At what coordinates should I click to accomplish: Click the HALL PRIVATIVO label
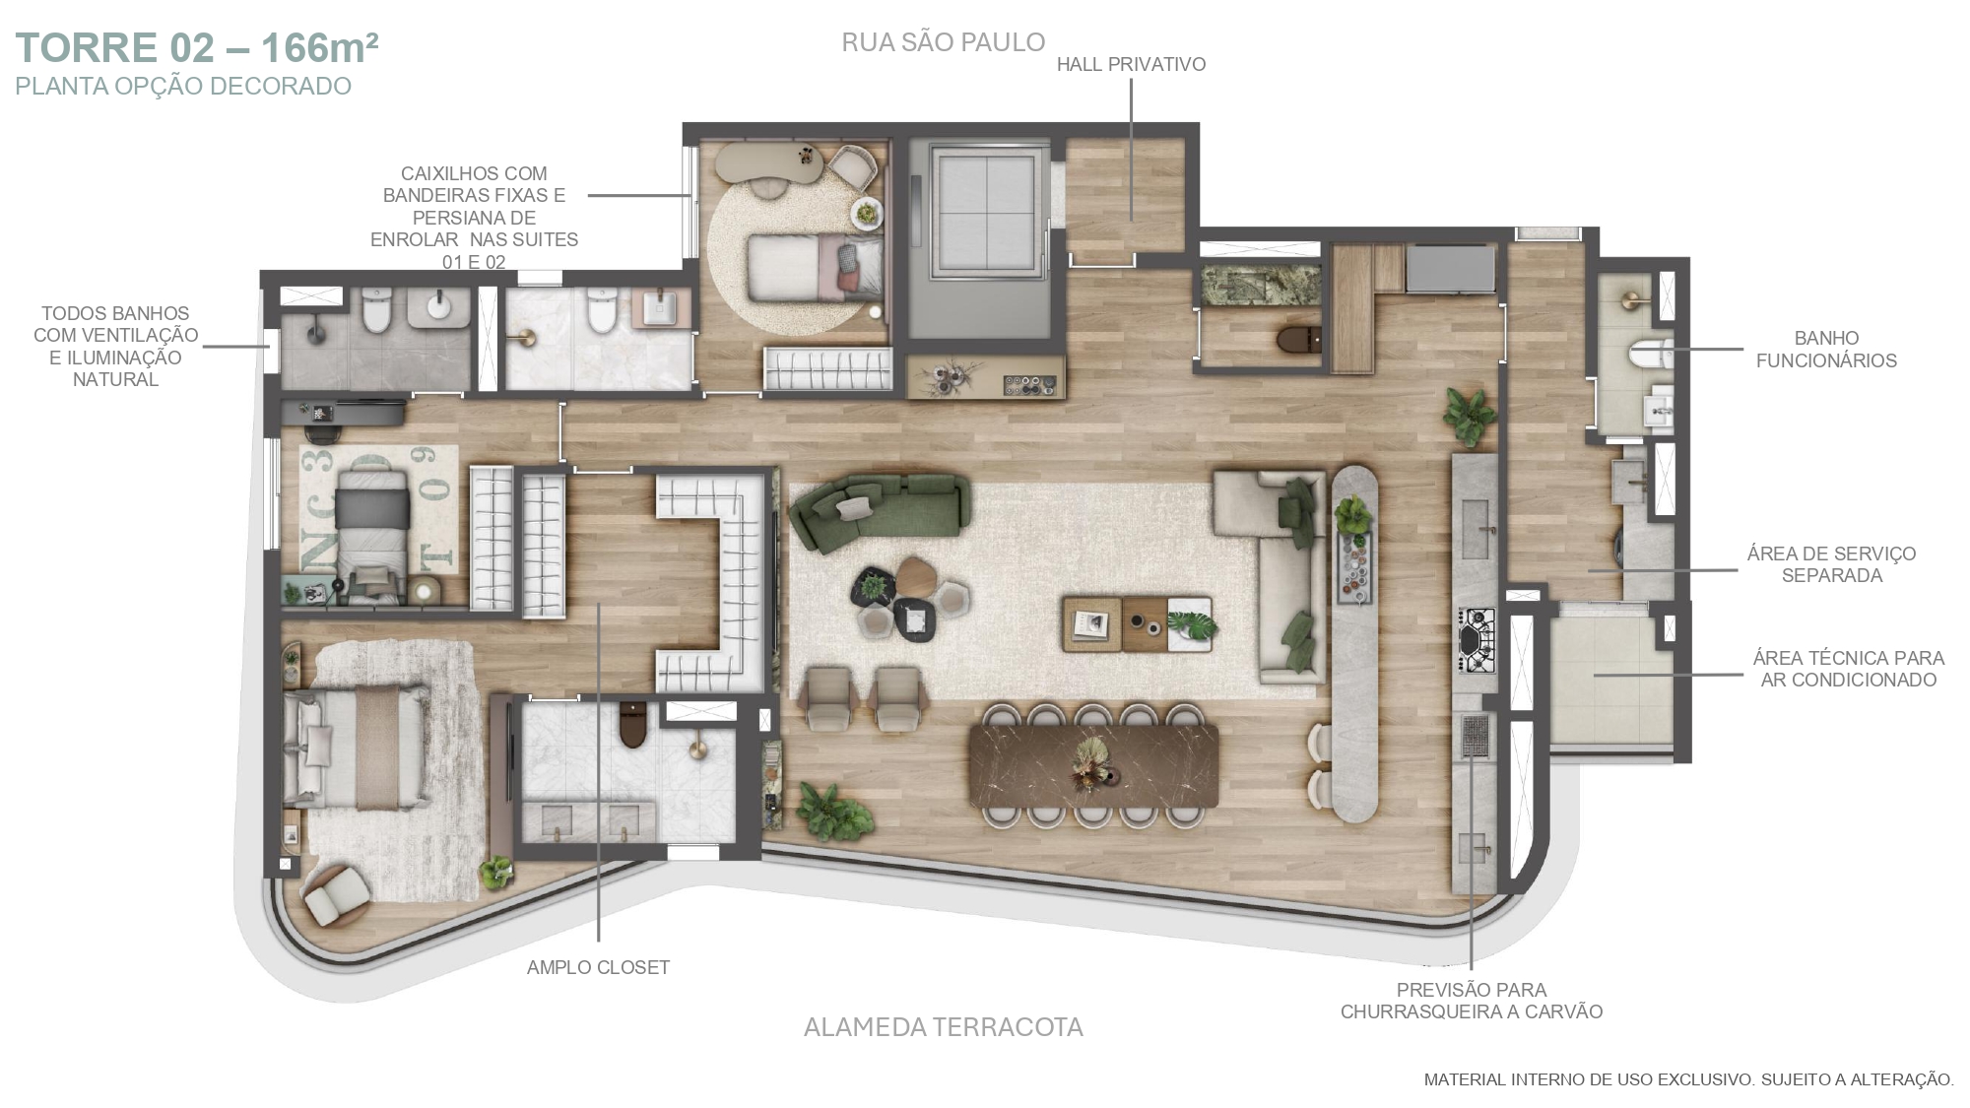tap(1131, 65)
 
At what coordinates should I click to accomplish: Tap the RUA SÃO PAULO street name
tap(943, 42)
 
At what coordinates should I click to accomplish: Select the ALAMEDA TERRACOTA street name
tap(943, 1027)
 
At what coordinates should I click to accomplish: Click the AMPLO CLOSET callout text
tap(598, 967)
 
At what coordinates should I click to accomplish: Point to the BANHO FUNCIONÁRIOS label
tap(1826, 350)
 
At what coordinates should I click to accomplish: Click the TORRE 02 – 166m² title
tap(197, 47)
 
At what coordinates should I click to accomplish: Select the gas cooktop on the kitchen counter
tap(1476, 641)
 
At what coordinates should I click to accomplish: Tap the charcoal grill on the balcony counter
tap(1475, 736)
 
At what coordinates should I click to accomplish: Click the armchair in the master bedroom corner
tap(336, 892)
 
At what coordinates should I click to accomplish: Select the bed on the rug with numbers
tap(372, 529)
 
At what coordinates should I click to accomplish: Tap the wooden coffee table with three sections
tap(1138, 623)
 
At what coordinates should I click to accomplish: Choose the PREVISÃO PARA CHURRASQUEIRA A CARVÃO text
tap(1472, 1001)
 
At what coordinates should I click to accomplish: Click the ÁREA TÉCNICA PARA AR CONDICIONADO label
tap(1848, 669)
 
